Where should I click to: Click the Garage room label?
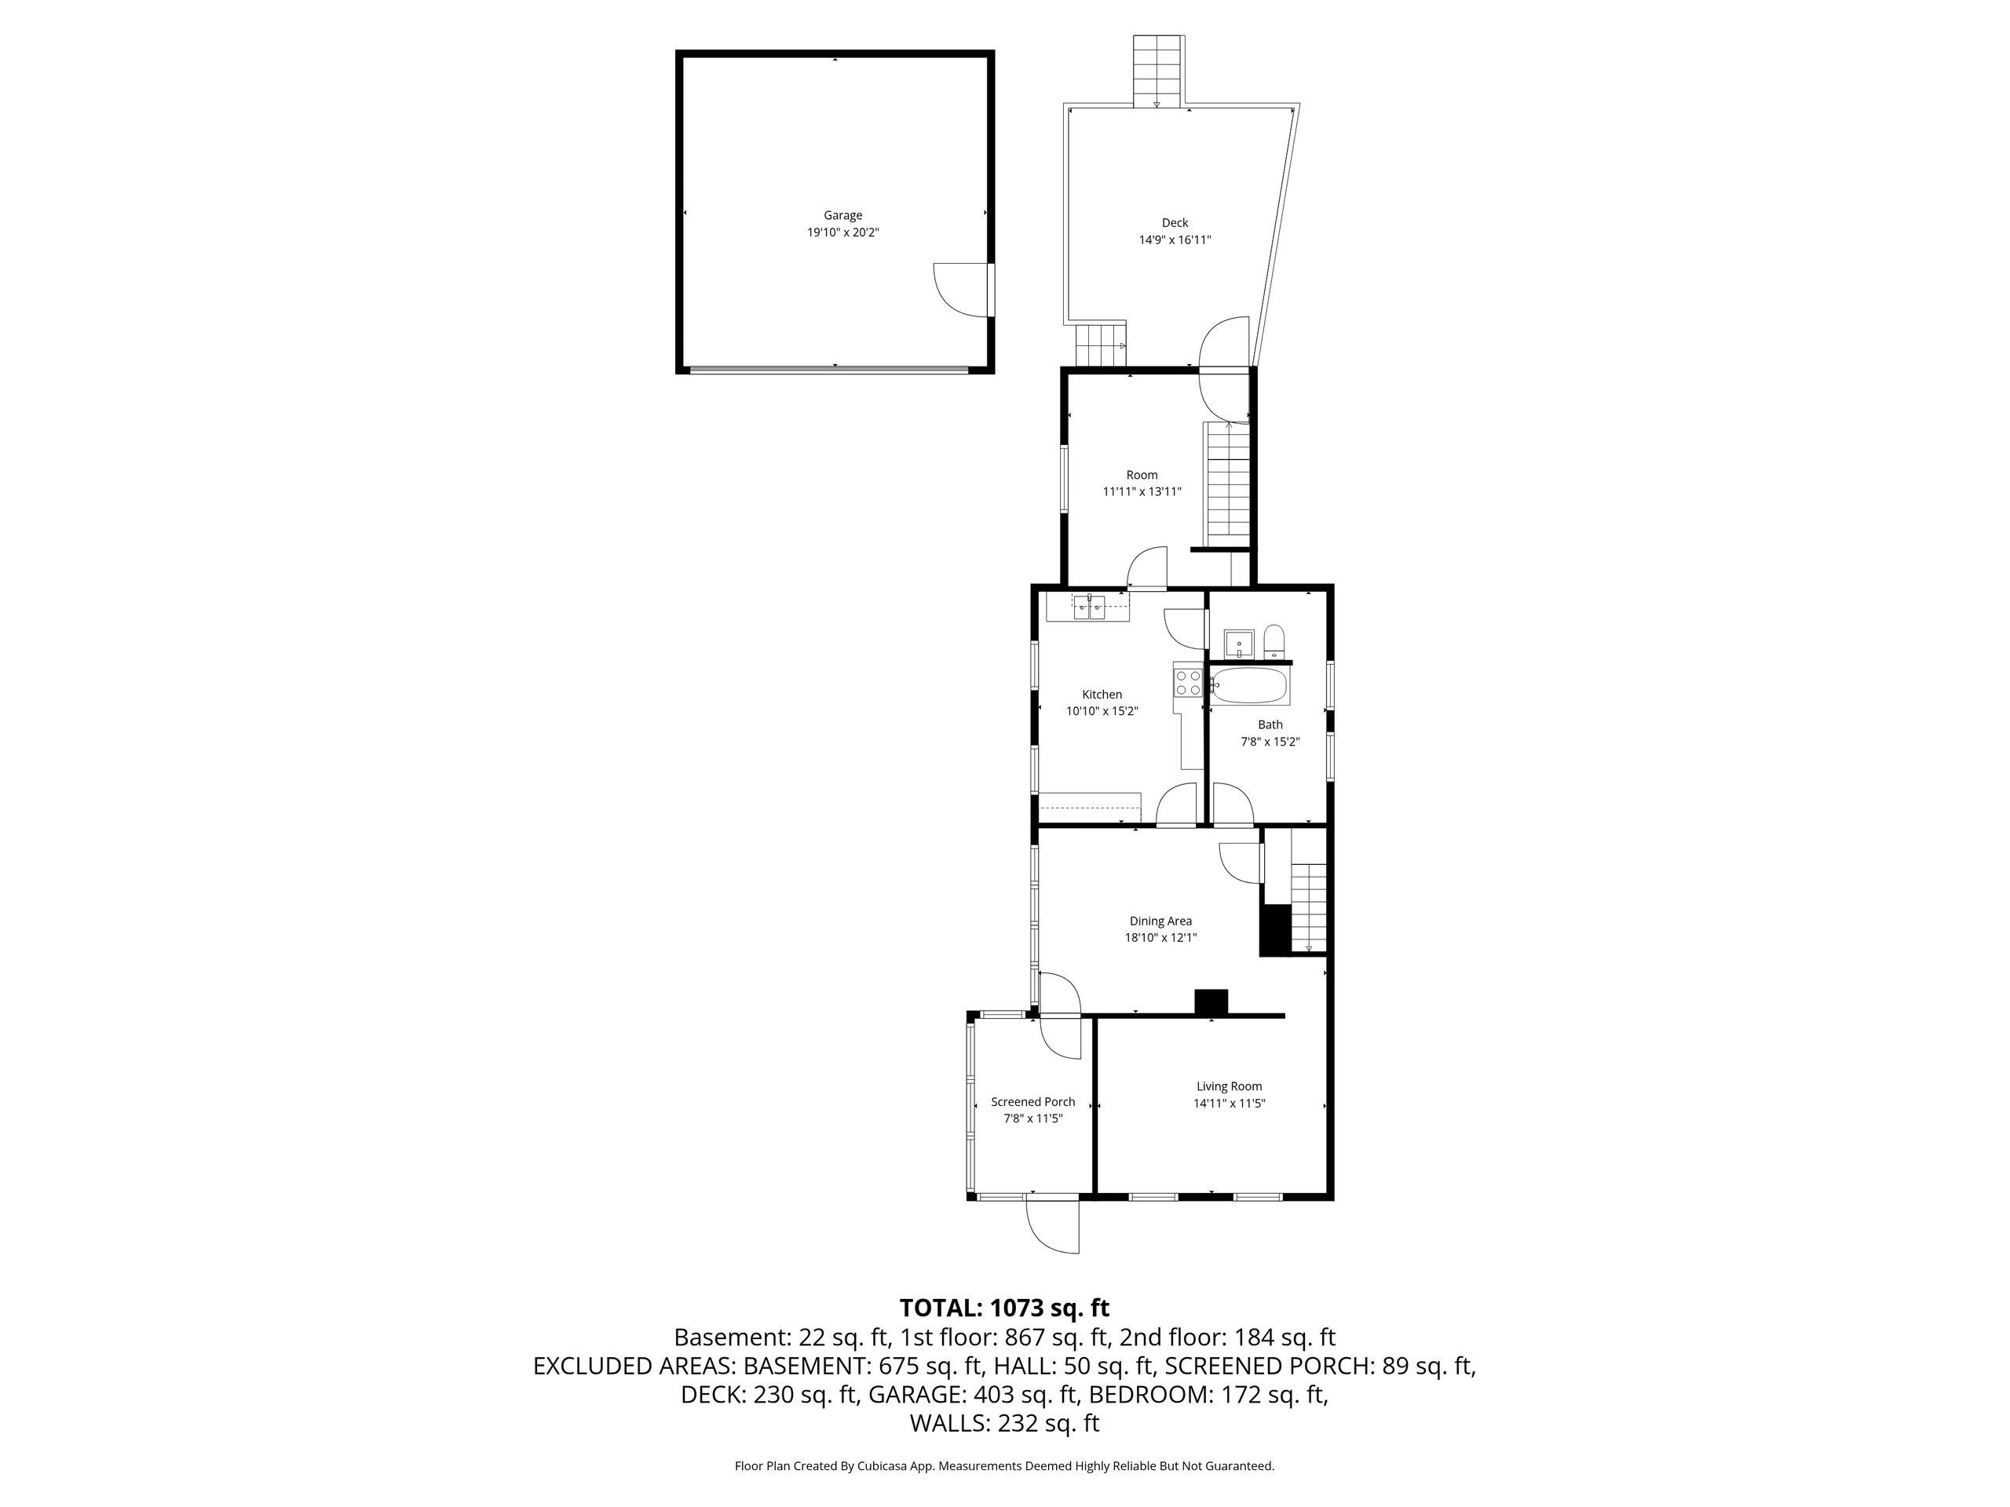[x=842, y=215]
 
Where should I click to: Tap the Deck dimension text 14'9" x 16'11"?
[x=1175, y=240]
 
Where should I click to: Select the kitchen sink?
[x=1088, y=606]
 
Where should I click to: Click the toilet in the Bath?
[x=1274, y=641]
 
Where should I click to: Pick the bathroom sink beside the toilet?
[x=1238, y=643]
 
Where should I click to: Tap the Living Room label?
[x=1229, y=1086]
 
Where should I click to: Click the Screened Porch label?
[x=1033, y=1102]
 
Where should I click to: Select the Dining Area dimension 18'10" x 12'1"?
[x=1160, y=937]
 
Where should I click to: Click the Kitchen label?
[x=1102, y=695]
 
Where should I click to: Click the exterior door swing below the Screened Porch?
[x=1053, y=1225]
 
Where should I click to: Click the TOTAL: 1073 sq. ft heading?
[x=1004, y=1308]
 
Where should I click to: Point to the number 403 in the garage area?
[x=992, y=1393]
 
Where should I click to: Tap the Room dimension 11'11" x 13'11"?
[x=1142, y=491]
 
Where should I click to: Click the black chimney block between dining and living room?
[x=1211, y=1001]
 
